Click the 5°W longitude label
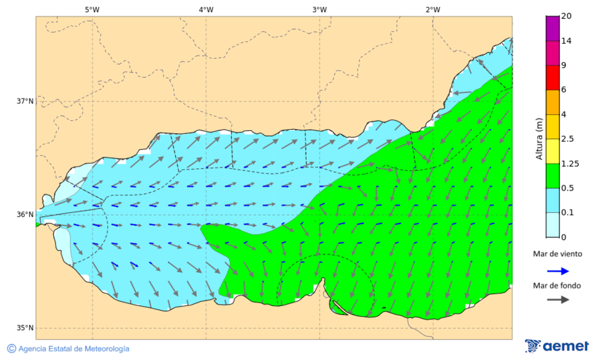click(x=92, y=9)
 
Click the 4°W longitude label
click(x=206, y=9)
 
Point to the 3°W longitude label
click(x=320, y=9)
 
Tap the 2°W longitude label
click(x=433, y=9)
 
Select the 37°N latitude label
click(x=25, y=101)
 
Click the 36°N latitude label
click(x=25, y=215)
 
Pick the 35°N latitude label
click(x=25, y=328)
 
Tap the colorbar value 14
click(x=566, y=41)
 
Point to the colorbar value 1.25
click(x=569, y=163)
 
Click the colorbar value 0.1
click(x=567, y=213)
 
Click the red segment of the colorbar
click(x=553, y=78)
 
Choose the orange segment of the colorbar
click(x=553, y=102)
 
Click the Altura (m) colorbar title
click(x=539, y=138)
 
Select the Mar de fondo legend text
click(x=557, y=285)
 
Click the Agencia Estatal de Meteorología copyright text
click(x=68, y=349)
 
